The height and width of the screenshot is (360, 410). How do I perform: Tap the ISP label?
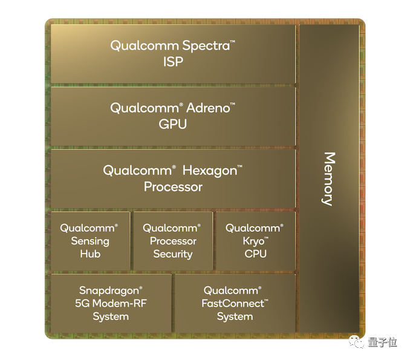[173, 62]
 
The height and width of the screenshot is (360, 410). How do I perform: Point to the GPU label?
[173, 125]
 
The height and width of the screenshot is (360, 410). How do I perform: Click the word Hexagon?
[208, 171]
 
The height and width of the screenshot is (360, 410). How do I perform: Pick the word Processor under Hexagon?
[173, 187]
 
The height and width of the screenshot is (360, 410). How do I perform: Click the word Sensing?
[90, 241]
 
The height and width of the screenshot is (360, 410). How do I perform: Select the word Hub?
[90, 254]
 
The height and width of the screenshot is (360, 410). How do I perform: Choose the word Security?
[172, 254]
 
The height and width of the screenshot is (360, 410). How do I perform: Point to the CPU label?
[255, 254]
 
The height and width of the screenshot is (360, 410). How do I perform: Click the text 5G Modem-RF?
[111, 304]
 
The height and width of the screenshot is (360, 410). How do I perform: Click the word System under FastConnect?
[235, 317]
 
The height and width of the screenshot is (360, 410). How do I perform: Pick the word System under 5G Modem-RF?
[111, 317]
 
